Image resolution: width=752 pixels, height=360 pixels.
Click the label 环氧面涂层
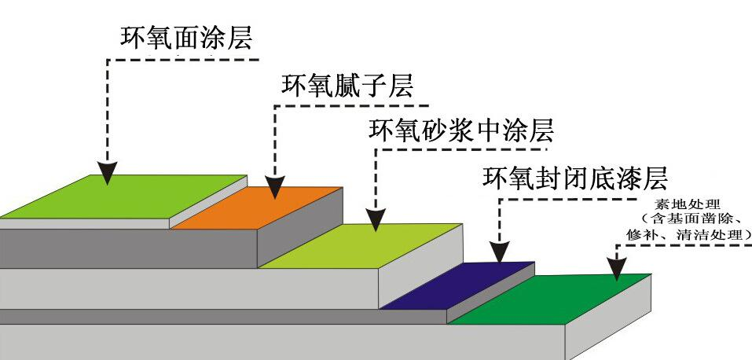click(x=186, y=39)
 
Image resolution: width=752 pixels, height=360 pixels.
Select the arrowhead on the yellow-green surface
click(x=376, y=220)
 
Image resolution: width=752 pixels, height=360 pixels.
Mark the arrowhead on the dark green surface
click(x=618, y=269)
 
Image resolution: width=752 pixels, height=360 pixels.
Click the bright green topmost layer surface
click(x=118, y=197)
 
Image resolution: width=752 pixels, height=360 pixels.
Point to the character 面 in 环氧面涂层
click(x=187, y=39)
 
